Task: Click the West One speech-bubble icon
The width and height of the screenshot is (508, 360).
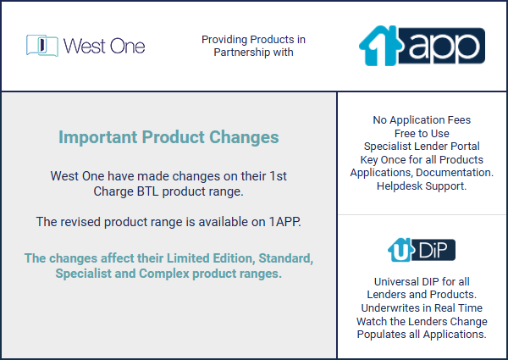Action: point(42,46)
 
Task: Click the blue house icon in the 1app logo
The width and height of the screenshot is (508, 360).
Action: point(379,46)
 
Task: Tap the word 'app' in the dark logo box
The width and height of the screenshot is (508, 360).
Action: point(443,47)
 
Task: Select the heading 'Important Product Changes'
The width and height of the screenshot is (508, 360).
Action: point(168,137)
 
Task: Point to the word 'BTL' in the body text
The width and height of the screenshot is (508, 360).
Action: point(147,191)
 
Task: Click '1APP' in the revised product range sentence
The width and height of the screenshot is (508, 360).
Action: point(284,222)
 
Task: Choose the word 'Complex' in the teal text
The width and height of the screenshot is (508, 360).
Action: point(164,274)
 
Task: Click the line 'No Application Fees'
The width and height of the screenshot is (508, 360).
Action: point(422,120)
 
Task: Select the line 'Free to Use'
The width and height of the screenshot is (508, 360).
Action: point(422,133)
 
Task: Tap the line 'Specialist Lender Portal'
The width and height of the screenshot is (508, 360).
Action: point(422,147)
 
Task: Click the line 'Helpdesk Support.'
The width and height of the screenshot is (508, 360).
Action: point(422,186)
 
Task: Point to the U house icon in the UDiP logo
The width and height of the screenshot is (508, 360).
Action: point(400,250)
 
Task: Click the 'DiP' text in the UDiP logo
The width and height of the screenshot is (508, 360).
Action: point(433,250)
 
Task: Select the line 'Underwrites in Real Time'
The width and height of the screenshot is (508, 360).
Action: point(422,307)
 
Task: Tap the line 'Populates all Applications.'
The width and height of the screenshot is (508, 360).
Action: point(422,334)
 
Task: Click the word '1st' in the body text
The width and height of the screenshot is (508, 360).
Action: point(279,176)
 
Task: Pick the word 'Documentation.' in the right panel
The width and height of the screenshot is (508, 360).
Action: point(455,173)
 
